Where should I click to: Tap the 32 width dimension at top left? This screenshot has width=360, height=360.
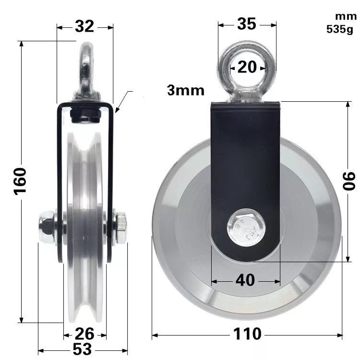coord(84,27)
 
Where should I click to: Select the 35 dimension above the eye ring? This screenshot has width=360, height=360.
coord(247,24)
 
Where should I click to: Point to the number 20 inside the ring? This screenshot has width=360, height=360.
coord(247,67)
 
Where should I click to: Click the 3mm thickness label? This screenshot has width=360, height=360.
coord(186,90)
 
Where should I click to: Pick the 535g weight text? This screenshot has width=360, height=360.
coord(339,28)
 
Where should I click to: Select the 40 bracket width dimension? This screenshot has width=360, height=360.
coord(245,280)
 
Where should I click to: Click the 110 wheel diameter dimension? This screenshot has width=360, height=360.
coord(247,334)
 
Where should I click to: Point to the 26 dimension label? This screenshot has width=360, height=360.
coord(84,333)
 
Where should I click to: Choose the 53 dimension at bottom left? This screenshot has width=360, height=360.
coord(82,349)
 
